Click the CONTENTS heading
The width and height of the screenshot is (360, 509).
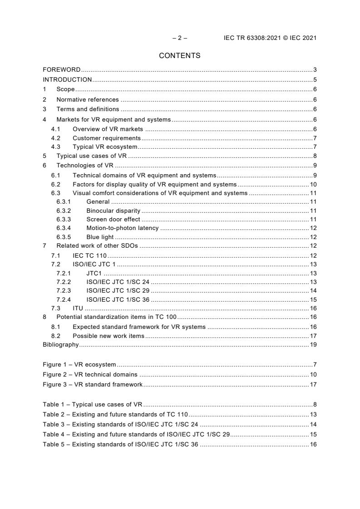coord(179,56)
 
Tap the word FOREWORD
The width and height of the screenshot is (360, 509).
coord(61,70)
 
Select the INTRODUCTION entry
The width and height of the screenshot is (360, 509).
coord(67,80)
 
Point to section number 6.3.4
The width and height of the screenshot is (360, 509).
coord(64,228)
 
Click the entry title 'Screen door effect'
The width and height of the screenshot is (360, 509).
coord(113,220)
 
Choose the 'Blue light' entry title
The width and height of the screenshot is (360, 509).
coord(100,237)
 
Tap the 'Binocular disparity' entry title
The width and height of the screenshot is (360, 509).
coord(113,211)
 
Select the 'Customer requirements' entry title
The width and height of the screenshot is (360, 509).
coord(107,138)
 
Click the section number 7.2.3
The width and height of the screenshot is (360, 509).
coord(64,291)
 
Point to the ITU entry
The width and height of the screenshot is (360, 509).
coord(78,308)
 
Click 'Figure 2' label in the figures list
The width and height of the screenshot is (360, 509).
coord(54,375)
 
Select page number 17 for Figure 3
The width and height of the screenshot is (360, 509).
coord(313,385)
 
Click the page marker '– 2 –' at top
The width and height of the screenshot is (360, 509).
coord(179,38)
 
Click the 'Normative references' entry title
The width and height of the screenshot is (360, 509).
coord(88,100)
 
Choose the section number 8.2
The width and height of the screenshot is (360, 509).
coord(55,336)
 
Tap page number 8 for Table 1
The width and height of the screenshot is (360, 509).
coord(315,405)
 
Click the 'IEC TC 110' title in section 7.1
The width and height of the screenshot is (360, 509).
coord(89,256)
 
